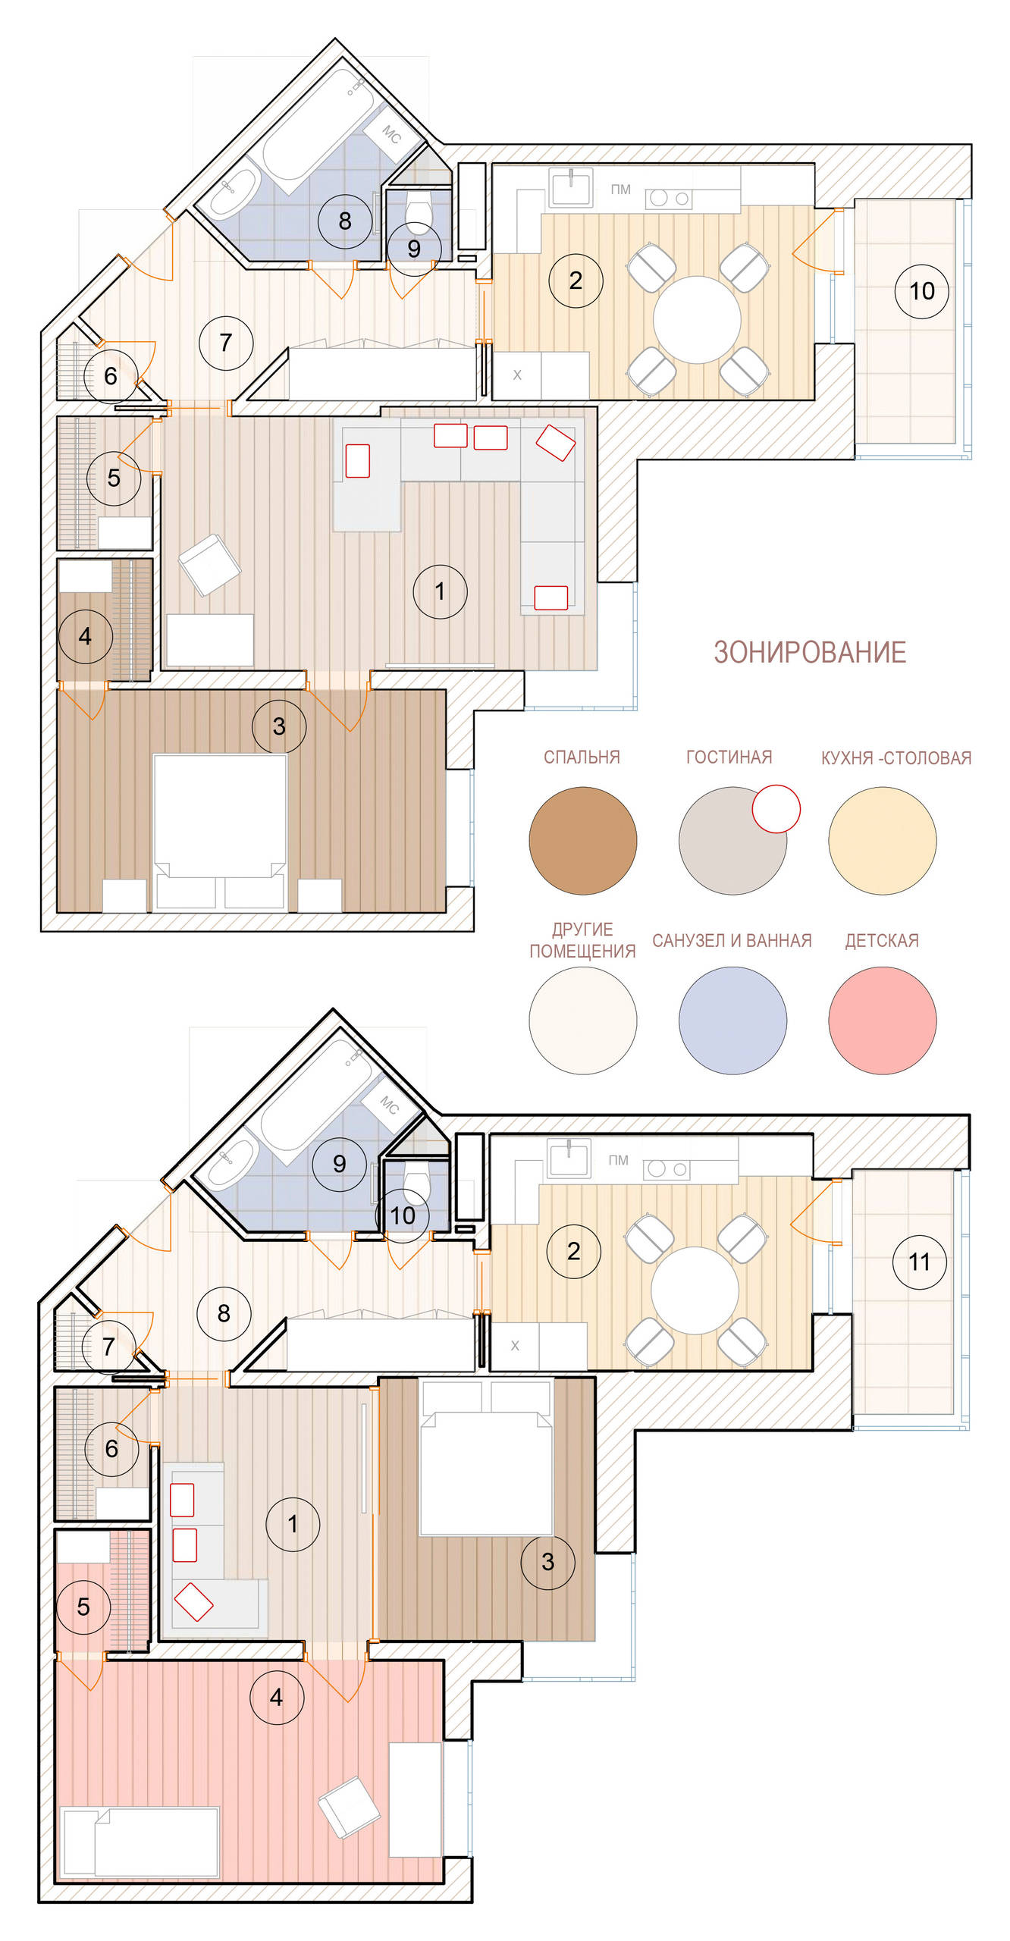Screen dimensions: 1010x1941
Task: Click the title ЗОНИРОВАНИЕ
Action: [x=810, y=652]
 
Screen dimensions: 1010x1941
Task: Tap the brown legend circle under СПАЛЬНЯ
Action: [x=582, y=840]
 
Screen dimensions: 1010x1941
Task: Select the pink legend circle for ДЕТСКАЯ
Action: [x=882, y=1020]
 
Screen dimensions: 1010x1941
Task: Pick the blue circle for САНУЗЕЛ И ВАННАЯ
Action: [x=732, y=1020]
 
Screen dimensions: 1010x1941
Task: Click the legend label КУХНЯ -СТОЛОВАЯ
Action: [x=896, y=757]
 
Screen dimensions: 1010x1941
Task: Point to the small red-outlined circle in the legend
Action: [x=776, y=808]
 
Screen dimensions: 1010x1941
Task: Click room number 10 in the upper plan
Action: [x=921, y=290]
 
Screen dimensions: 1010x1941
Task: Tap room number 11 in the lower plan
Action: [x=919, y=1262]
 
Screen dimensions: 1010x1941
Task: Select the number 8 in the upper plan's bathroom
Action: [x=345, y=221]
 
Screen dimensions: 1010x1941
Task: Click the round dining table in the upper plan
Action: [x=697, y=319]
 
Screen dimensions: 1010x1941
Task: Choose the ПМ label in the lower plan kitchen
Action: [x=618, y=1160]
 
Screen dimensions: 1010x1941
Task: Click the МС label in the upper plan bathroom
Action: [x=391, y=134]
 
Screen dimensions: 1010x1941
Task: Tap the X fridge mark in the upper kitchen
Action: [x=517, y=375]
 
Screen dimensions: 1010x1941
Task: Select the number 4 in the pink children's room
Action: [x=276, y=1698]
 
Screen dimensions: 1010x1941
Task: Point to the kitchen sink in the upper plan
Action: [x=571, y=187]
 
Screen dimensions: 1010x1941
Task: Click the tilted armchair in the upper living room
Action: [x=209, y=565]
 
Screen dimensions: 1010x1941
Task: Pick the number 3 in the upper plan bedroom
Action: [x=279, y=726]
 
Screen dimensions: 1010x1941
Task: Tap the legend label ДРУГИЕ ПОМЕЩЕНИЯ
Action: [x=582, y=940]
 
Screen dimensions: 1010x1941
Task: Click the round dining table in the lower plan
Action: [x=695, y=1290]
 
